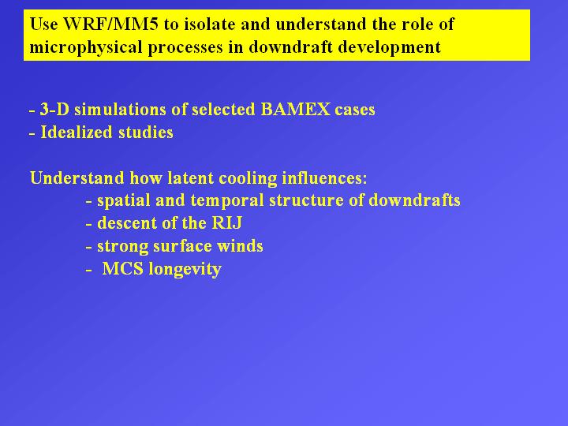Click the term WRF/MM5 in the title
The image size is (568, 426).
(111, 24)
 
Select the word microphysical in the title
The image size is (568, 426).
(86, 48)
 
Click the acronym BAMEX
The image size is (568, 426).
(295, 110)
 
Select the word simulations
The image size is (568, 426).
(120, 110)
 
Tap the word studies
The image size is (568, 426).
(146, 133)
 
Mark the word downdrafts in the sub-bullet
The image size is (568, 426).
(414, 200)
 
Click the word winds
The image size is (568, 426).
(240, 246)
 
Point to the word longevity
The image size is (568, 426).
(185, 270)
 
